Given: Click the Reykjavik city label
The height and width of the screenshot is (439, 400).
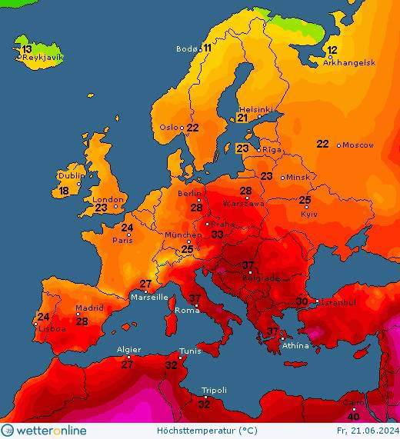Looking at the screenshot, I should coord(42,58).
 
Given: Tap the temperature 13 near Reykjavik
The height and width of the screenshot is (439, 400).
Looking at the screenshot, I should coord(27,49).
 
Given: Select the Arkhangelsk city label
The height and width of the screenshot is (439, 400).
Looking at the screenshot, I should coord(348,63).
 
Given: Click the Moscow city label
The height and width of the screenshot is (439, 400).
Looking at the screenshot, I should coord(358,145).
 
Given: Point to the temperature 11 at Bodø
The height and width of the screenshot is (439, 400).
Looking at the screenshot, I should coord(207,48).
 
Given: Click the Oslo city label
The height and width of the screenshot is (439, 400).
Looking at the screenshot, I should coord(170,128).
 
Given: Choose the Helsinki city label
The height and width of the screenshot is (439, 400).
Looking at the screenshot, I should coord(255,109).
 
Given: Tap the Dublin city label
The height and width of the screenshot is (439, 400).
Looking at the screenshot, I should coord(72,175).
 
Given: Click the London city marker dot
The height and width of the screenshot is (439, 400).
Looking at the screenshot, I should coord(116,206).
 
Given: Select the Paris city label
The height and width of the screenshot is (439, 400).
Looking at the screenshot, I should coord(123,239).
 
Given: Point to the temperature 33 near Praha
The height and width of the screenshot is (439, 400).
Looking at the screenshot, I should coord(218,234).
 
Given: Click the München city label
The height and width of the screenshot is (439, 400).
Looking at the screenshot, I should coord(182,234).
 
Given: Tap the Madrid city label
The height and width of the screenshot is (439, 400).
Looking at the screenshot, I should coord(89,308).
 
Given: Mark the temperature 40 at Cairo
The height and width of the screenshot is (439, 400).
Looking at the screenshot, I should coord(354,417).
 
